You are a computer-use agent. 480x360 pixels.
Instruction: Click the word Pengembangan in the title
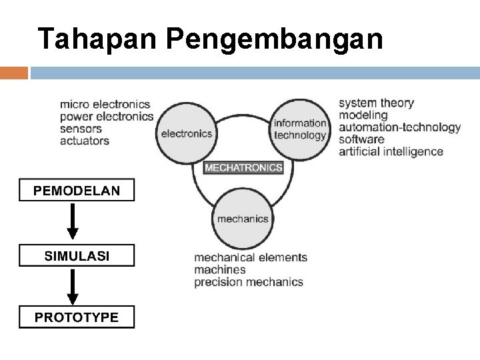click(273, 40)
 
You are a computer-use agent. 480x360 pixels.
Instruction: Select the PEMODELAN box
click(77, 191)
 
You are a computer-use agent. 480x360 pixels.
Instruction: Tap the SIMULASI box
click(77, 255)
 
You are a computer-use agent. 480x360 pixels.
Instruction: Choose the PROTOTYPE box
click(77, 317)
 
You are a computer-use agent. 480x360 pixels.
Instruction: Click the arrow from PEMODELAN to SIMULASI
click(73, 222)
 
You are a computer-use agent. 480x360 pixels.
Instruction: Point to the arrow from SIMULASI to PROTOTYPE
click(73, 286)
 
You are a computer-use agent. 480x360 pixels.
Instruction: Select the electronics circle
click(186, 133)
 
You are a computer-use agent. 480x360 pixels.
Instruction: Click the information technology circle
click(300, 128)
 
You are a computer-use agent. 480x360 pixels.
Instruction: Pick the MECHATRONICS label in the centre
click(243, 167)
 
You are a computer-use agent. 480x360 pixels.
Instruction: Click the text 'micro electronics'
click(105, 105)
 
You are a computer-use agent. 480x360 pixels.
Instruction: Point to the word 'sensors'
click(81, 129)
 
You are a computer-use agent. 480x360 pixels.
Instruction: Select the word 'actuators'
click(85, 141)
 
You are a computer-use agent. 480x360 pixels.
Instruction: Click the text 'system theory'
click(376, 103)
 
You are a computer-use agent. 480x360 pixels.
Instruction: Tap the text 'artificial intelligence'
click(391, 151)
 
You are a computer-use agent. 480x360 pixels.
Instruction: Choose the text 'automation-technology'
click(399, 127)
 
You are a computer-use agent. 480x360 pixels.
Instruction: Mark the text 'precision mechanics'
click(248, 282)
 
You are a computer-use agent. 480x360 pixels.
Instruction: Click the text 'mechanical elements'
click(250, 257)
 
